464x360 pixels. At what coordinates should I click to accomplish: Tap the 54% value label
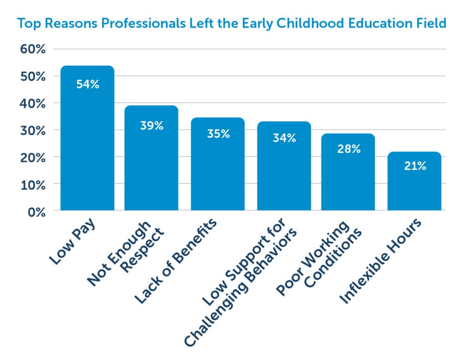(87, 84)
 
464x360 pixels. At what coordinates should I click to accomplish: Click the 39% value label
(151, 126)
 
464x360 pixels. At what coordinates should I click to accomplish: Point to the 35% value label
(218, 134)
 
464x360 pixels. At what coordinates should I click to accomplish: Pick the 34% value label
(284, 138)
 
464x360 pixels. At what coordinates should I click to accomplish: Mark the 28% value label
(348, 149)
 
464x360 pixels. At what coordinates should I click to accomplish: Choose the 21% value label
(415, 166)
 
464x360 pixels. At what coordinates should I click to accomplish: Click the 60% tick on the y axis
(33, 49)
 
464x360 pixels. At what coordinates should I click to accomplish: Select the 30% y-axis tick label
(33, 131)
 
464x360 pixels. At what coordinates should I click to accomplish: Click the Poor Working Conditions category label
(319, 257)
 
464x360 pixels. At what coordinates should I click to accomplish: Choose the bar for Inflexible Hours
(415, 190)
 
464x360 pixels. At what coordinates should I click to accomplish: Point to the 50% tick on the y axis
(33, 77)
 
